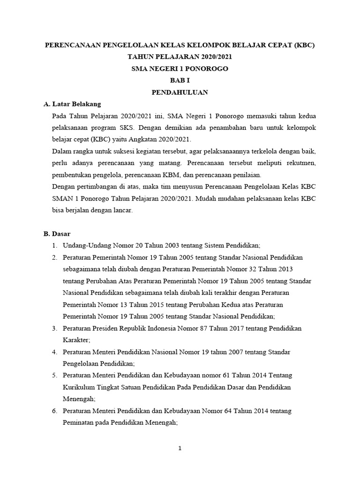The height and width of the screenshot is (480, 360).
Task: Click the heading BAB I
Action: (x=180, y=80)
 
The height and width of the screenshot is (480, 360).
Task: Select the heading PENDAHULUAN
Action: (x=180, y=92)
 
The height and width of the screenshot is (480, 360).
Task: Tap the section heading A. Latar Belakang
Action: (x=72, y=104)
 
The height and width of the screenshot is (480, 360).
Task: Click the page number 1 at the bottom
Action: (x=180, y=448)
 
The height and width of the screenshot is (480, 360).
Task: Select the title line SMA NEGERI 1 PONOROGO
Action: (x=180, y=68)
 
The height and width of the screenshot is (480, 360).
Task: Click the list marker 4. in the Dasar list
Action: (x=54, y=352)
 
